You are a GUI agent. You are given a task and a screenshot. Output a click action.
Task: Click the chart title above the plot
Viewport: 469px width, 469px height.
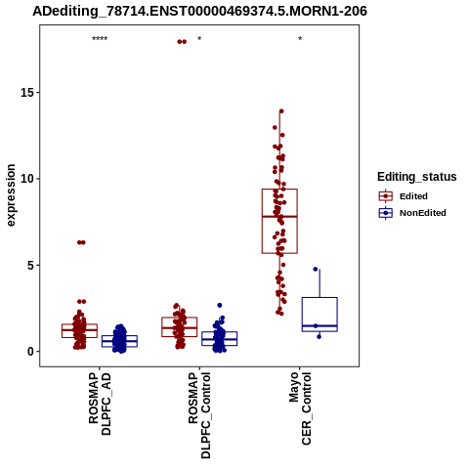[x=199, y=11]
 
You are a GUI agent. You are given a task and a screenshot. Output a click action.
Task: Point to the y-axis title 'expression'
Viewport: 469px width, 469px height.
[x=11, y=195]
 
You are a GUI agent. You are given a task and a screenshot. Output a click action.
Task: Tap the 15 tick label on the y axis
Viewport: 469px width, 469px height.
[x=27, y=93]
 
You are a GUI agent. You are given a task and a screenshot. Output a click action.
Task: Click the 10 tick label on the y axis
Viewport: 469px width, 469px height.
[x=27, y=179]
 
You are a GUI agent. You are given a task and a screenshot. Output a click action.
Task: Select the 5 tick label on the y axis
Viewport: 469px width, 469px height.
[x=30, y=265]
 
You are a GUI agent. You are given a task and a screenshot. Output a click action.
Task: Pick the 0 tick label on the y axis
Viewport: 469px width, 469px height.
[x=30, y=352]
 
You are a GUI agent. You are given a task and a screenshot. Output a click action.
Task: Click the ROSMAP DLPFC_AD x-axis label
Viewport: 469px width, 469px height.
[x=100, y=404]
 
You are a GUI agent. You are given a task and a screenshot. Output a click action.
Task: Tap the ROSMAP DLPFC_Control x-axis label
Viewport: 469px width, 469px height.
[x=199, y=415]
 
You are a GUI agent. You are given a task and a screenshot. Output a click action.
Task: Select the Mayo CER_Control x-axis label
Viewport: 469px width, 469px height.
[x=300, y=408]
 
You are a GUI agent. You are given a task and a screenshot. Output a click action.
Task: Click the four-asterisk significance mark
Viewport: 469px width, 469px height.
[x=100, y=39]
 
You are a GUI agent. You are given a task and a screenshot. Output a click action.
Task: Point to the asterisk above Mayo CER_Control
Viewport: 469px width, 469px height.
[x=300, y=39]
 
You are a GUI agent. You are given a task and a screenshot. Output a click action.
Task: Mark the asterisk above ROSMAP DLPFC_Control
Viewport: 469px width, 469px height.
[x=199, y=39]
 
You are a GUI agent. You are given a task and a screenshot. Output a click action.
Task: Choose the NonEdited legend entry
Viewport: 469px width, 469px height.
[x=412, y=213]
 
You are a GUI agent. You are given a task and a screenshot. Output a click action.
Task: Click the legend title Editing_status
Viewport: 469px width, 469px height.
[x=416, y=177]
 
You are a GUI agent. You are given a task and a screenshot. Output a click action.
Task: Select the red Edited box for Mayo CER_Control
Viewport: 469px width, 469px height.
[x=279, y=221]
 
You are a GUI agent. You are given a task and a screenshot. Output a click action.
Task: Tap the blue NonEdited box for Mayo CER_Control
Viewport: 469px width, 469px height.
[x=320, y=315]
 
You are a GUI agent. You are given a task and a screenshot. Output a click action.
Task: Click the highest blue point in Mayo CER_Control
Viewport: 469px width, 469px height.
[x=316, y=269]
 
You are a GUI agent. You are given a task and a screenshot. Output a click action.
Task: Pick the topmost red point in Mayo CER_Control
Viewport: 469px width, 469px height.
[x=281, y=111]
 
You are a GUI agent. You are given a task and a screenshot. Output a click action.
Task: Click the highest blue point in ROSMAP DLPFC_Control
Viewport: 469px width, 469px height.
[x=220, y=305]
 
